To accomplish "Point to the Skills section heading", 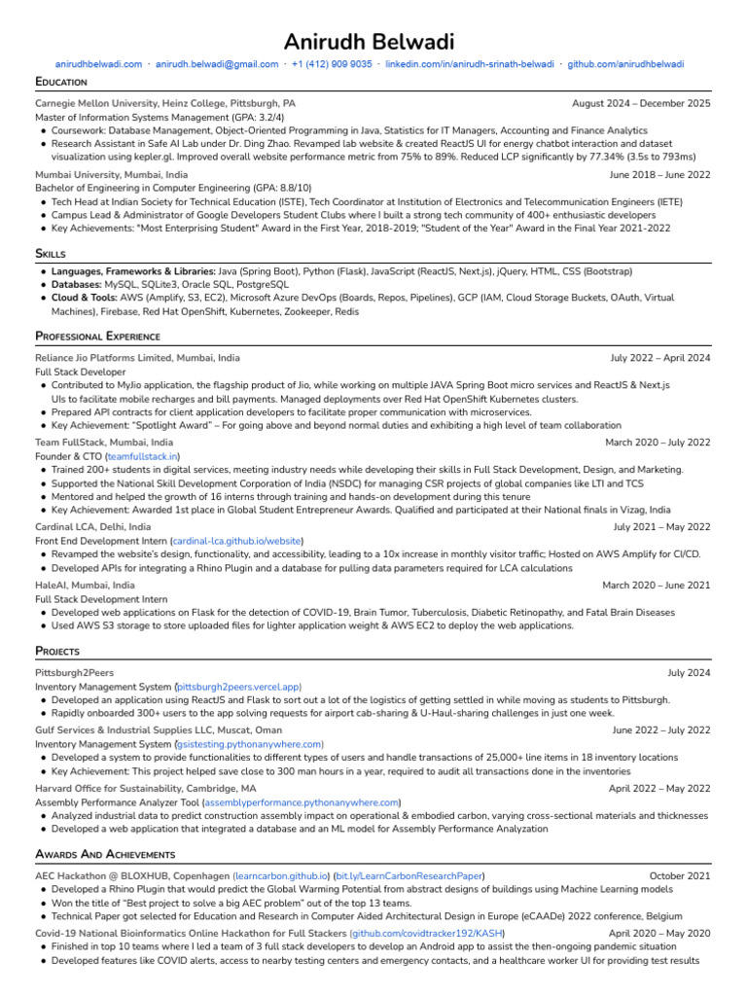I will pyautogui.click(x=51, y=254).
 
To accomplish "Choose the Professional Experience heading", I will pyautogui.click(x=97, y=337).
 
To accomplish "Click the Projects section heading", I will pyautogui.click(x=57, y=651).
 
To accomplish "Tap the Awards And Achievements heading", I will pyautogui.click(x=105, y=854).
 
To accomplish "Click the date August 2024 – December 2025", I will pyautogui.click(x=641, y=103).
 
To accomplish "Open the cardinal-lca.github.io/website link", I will pyautogui.click(x=236, y=541).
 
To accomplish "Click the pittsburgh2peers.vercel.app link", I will pyautogui.click(x=237, y=687).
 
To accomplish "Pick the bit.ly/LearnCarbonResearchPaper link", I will pyautogui.click(x=409, y=876).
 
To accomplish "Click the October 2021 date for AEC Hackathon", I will pyautogui.click(x=680, y=876).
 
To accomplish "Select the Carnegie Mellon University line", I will pyautogui.click(x=165, y=103).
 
